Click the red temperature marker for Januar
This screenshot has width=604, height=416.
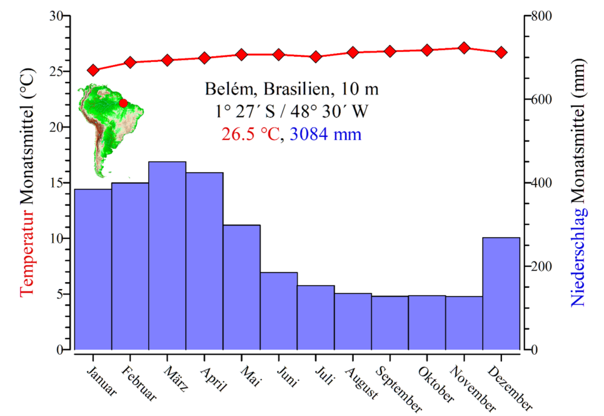click(x=93, y=70)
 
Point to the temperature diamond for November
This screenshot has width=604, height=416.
click(x=464, y=48)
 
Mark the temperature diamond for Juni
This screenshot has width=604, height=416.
click(x=278, y=55)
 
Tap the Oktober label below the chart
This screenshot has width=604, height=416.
click(x=436, y=384)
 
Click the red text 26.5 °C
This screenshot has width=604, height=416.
click(x=250, y=135)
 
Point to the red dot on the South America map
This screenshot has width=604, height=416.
click(x=123, y=103)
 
